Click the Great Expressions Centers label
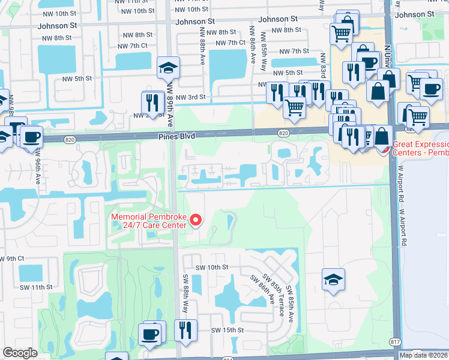420,148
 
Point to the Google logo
20,353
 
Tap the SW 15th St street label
227,330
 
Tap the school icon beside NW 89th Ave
169,68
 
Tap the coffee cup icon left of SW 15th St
150,333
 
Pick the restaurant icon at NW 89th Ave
152,103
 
